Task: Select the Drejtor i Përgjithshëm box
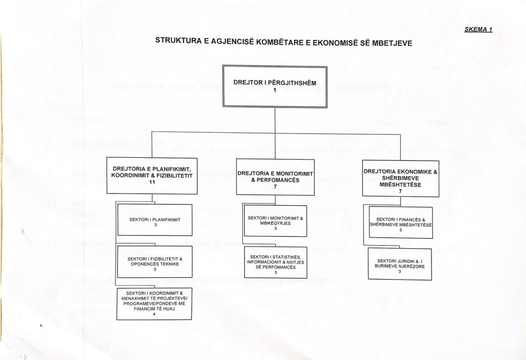tap(275, 87)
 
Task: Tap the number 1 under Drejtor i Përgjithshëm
tap(275, 91)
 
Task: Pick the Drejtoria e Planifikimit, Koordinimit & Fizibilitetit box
tap(152, 176)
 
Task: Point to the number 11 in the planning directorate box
tap(152, 181)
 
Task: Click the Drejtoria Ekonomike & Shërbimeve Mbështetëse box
tap(401, 178)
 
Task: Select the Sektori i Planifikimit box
tap(155, 220)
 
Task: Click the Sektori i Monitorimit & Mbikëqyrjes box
tap(275, 220)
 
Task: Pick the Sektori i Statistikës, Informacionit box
tap(275, 263)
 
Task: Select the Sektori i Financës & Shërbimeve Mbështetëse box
tap(400, 222)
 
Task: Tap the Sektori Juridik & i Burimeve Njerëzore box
tap(400, 265)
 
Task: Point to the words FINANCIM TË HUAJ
tap(155, 308)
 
